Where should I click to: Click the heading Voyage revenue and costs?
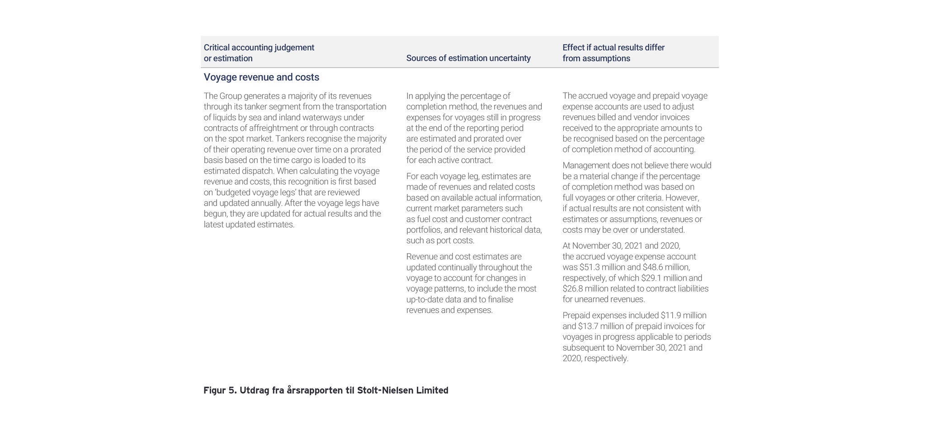tap(261, 77)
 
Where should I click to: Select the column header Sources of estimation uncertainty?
tap(468, 58)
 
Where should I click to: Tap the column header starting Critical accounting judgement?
tap(259, 53)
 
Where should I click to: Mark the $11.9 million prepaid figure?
tap(683, 316)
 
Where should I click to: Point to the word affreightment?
tap(273, 128)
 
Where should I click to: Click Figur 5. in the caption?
tap(220, 390)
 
